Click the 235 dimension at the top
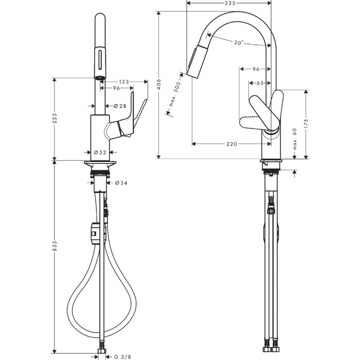tap(230, 4)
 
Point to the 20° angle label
tap(238, 43)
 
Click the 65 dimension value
tap(260, 82)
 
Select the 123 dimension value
tap(123, 81)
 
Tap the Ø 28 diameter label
tap(119, 106)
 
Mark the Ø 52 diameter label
tap(100, 152)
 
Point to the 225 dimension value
tap(55, 118)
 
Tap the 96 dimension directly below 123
tap(116, 88)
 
